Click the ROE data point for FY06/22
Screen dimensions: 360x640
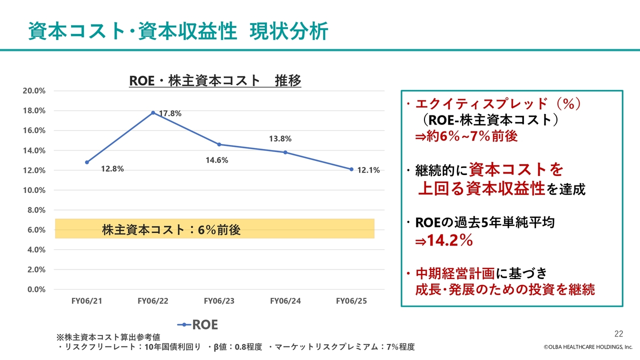[x=153, y=112]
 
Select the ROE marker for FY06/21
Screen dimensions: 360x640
[x=87, y=162]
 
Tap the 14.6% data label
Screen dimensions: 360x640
[x=217, y=160]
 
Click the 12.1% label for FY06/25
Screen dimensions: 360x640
[x=368, y=170]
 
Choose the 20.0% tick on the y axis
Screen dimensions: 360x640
[x=34, y=90]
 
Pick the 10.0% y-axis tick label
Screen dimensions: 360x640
[x=34, y=190]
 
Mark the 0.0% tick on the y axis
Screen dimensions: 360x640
[x=36, y=289]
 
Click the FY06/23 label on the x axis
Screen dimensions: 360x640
[x=219, y=301]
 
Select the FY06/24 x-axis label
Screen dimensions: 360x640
[x=285, y=301]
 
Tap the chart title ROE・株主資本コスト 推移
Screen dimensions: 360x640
[x=215, y=80]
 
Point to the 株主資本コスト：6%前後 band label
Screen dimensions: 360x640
[x=171, y=230]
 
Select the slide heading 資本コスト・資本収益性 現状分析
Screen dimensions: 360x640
[x=177, y=31]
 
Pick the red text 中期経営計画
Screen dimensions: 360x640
[x=455, y=273]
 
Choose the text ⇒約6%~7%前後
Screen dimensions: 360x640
[x=466, y=136]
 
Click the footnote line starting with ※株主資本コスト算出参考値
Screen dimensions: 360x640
[x=111, y=337]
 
